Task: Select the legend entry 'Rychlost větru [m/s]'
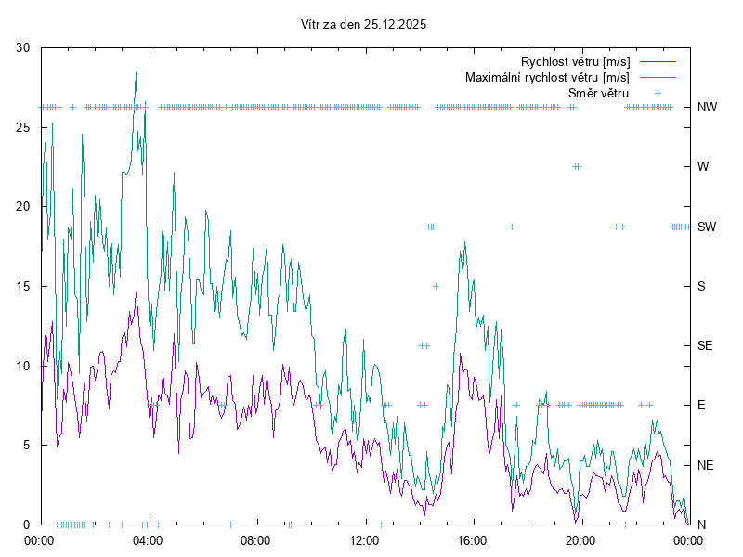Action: [x=575, y=62]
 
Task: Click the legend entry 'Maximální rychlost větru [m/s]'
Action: [x=547, y=77]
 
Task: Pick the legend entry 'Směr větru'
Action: [x=598, y=93]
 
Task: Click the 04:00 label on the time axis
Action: [x=147, y=539]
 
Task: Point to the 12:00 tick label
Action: [x=364, y=539]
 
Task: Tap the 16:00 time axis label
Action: [x=473, y=539]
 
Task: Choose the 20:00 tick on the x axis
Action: [x=581, y=539]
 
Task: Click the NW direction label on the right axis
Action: [x=707, y=107]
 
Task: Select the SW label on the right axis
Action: [x=707, y=227]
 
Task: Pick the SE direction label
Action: [x=706, y=345]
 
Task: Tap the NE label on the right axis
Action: [x=706, y=464]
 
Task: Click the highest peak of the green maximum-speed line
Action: [x=136, y=73]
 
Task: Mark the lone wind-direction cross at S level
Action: [x=436, y=286]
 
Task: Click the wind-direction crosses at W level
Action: [x=577, y=166]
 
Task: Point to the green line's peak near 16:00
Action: [x=464, y=243]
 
